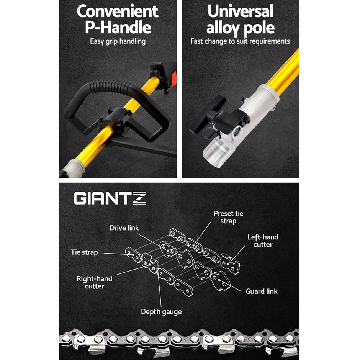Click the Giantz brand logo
(x=110, y=198)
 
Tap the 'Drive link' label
(x=124, y=228)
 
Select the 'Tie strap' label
(x=85, y=252)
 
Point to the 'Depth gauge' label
(x=161, y=312)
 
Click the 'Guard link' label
(x=262, y=291)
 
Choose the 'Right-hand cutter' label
(x=94, y=282)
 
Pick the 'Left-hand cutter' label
(x=263, y=241)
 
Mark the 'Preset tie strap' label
(x=228, y=217)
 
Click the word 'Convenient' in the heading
(x=118, y=11)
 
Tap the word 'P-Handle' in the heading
(x=118, y=28)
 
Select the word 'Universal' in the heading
(x=241, y=11)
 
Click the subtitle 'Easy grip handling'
(x=118, y=41)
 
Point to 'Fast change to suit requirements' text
(x=240, y=41)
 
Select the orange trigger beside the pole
(x=174, y=79)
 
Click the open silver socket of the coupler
(x=215, y=152)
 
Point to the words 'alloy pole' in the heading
(x=241, y=28)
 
